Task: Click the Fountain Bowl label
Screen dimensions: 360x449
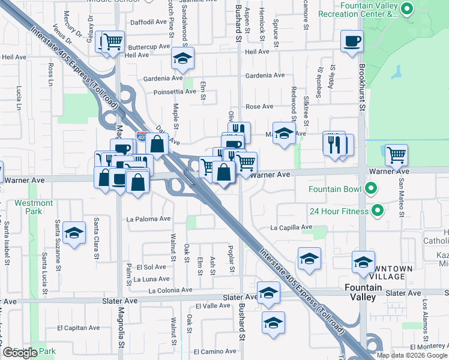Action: [x=335, y=190]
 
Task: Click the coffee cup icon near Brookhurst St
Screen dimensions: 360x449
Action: [x=352, y=41]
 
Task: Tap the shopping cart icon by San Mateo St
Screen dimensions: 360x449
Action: [x=396, y=155]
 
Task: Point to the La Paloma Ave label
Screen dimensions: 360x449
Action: [x=148, y=219]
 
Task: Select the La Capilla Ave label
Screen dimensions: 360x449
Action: [x=291, y=227]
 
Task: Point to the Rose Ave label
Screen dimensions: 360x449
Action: [x=259, y=107]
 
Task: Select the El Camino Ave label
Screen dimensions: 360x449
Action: [x=213, y=352]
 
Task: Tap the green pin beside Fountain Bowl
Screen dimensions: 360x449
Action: [x=370, y=190]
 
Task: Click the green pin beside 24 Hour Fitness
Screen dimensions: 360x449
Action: [x=378, y=211]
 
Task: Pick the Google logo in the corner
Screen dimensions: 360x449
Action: [x=20, y=352]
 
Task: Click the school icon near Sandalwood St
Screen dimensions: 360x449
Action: [x=182, y=59]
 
